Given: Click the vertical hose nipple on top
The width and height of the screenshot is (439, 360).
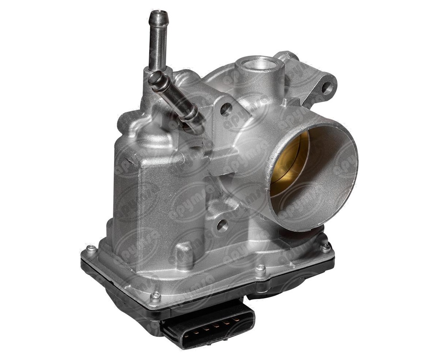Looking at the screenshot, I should pyautogui.click(x=158, y=43).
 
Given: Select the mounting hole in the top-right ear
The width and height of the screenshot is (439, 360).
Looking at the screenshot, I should pyautogui.click(x=327, y=89).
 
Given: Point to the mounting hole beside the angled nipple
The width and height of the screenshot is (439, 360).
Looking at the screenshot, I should pyautogui.click(x=226, y=110).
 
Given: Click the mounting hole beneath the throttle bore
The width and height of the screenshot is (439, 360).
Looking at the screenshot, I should pyautogui.click(x=222, y=225).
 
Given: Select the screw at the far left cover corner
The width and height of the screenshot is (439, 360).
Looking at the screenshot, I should pyautogui.click(x=90, y=248).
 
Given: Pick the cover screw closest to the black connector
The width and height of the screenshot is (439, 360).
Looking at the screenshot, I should pyautogui.click(x=156, y=296).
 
